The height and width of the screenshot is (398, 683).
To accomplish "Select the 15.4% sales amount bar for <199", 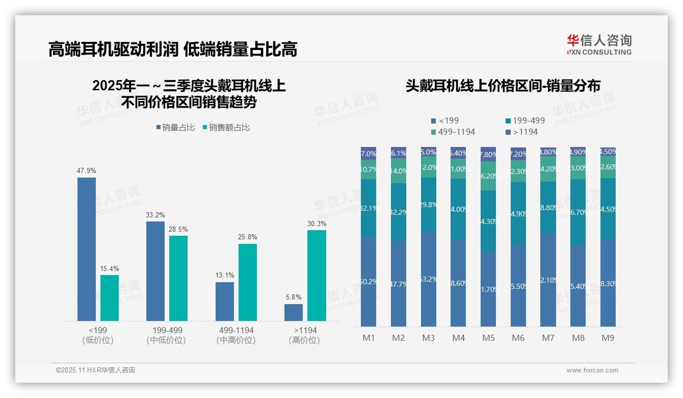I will click(110, 298).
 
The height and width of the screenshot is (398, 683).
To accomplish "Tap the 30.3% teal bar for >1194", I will click(317, 276).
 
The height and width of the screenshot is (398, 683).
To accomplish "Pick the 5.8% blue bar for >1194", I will click(294, 312).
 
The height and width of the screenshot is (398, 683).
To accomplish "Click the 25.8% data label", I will click(248, 237).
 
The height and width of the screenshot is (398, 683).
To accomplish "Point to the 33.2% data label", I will click(155, 215).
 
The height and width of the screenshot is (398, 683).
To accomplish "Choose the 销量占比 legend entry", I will click(176, 128).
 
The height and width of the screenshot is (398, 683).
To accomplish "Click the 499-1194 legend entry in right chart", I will click(453, 132).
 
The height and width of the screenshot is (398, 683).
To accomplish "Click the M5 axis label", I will click(488, 338).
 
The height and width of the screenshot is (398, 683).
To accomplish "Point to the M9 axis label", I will click(608, 338).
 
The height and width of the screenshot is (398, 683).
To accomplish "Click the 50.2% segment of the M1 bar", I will click(369, 281).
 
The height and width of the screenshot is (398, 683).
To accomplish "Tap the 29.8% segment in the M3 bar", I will click(429, 205).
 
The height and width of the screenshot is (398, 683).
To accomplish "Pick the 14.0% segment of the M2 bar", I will click(399, 171).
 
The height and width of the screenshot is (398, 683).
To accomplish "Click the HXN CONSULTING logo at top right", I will click(599, 44).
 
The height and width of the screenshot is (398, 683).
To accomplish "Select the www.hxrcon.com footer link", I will click(592, 370).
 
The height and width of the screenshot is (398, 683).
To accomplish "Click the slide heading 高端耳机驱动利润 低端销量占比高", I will click(173, 49).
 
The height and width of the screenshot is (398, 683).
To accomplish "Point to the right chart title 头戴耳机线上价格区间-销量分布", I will click(503, 86).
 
